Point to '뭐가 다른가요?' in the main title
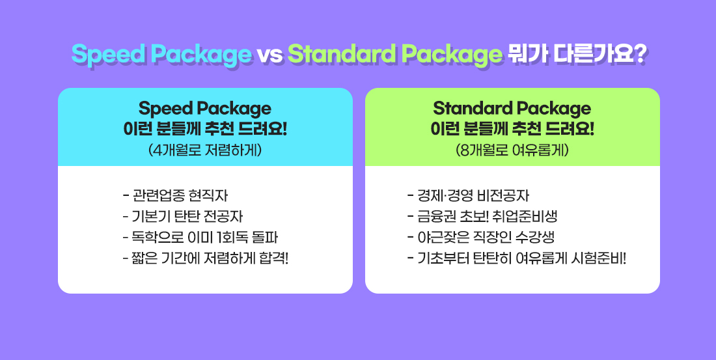click(x=576, y=55)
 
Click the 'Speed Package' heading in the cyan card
click(x=205, y=109)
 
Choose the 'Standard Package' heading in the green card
click(x=512, y=109)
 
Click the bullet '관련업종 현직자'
click(x=175, y=195)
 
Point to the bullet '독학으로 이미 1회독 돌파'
click(x=200, y=238)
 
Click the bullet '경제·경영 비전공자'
click(x=468, y=195)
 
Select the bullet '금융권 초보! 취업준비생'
click(x=482, y=217)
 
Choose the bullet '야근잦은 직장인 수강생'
click(x=481, y=238)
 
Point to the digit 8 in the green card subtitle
click(x=465, y=150)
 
